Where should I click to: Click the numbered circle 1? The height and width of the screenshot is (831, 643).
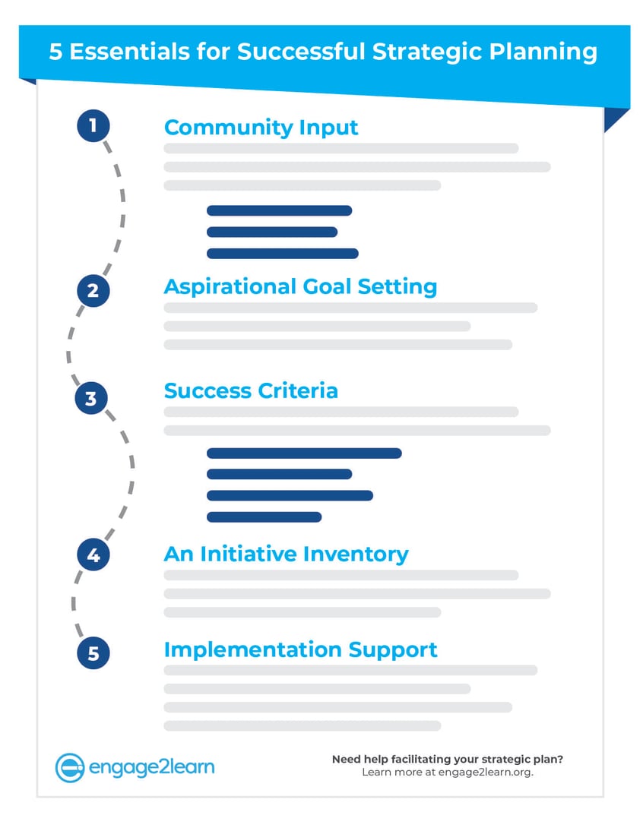93,125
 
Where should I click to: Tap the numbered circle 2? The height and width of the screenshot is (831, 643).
93,290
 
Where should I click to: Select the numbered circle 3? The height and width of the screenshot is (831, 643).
91,398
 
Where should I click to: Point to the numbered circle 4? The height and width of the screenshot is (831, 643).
93,555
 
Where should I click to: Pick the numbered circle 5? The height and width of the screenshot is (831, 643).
93,653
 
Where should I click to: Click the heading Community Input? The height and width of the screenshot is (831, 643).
261,127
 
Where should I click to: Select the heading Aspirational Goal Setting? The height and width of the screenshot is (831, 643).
300,286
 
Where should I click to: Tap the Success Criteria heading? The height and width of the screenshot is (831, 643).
251,390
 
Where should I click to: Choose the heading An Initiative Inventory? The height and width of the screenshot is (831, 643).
286,554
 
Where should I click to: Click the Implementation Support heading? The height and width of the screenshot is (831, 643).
300,649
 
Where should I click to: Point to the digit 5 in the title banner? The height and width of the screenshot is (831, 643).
55,52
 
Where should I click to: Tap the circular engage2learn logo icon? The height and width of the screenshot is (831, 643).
69,768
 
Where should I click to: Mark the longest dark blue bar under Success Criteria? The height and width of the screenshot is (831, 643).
303,453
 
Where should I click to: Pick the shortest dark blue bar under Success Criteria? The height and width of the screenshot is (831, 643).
264,517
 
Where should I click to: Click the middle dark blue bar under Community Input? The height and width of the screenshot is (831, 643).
271,232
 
